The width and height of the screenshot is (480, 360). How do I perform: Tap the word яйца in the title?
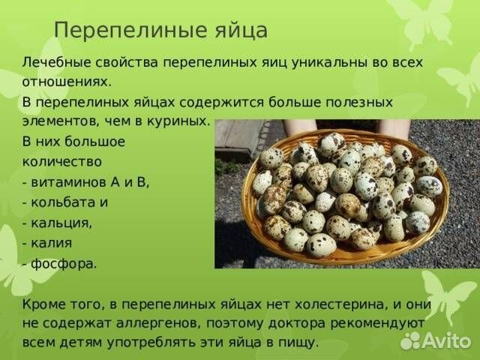click(x=240, y=31)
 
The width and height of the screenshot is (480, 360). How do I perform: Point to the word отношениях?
click(x=66, y=82)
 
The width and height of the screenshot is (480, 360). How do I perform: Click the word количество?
click(x=61, y=160)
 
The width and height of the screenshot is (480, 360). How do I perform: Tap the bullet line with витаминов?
click(x=85, y=181)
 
